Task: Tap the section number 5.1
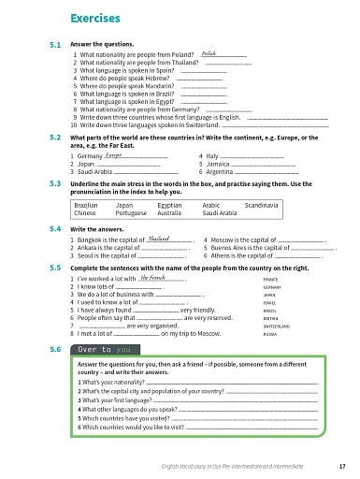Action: point(54,45)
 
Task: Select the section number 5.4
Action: point(54,228)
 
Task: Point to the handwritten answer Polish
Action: point(209,54)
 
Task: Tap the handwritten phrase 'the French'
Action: point(151,278)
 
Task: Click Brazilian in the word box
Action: point(86,203)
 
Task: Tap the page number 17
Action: point(341,465)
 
